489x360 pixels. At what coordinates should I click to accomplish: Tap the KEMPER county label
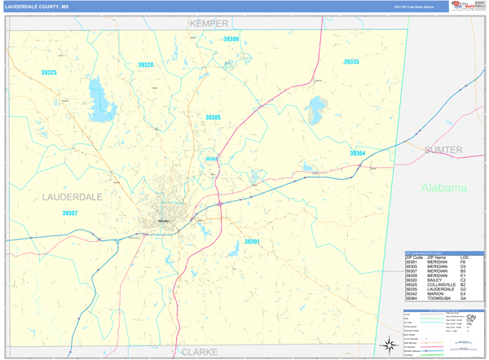pyautogui.click(x=209, y=24)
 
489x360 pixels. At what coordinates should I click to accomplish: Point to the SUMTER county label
pyautogui.click(x=443, y=150)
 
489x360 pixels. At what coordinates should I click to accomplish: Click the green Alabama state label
pyautogui.click(x=444, y=187)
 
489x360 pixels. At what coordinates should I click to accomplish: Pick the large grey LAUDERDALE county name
pyautogui.click(x=73, y=197)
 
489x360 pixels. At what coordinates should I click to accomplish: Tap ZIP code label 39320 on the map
pyautogui.click(x=145, y=64)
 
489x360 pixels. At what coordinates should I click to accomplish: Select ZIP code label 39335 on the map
pyautogui.click(x=350, y=62)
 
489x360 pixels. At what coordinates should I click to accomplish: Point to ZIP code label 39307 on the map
pyautogui.click(x=69, y=213)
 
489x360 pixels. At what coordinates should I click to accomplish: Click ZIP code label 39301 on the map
pyautogui.click(x=252, y=242)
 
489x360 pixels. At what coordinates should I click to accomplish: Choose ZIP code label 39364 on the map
pyautogui.click(x=358, y=153)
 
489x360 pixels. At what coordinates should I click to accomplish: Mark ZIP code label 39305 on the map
pyautogui.click(x=213, y=117)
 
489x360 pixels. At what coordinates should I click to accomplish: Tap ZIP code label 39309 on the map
pyautogui.click(x=231, y=39)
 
